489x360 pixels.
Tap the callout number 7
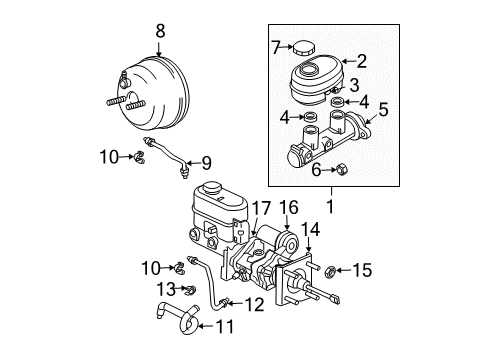[x=275, y=47]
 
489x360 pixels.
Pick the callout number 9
[x=207, y=162]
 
